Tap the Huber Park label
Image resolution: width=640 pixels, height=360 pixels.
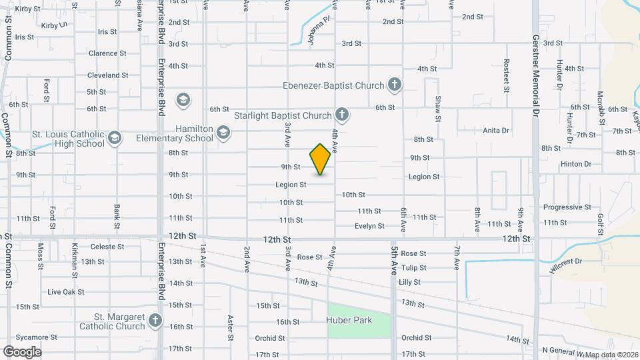pos(349,320)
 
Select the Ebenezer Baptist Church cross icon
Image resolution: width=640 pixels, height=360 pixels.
pos(395,85)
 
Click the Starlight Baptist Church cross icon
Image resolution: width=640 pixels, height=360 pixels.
pos(342,115)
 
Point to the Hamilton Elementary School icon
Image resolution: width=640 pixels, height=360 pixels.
pos(223,133)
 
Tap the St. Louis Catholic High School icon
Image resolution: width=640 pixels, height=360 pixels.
pos(115,138)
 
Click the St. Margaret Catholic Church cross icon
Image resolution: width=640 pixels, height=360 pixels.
pos(156,321)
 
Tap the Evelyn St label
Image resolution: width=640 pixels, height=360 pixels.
pos(369,226)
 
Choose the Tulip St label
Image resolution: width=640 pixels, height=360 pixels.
pos(413,268)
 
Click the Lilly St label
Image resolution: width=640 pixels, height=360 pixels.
pos(409,283)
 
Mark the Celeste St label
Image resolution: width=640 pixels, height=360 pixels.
pos(107,247)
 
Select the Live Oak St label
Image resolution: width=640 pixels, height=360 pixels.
pos(66,292)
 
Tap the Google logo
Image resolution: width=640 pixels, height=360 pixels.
pos(22,351)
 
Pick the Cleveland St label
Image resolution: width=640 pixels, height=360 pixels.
pos(108,75)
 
